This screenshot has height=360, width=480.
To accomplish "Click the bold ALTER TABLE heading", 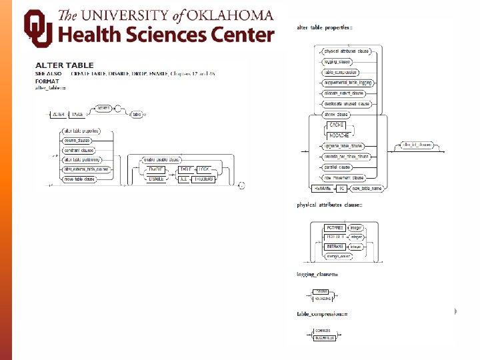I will tap(64, 65).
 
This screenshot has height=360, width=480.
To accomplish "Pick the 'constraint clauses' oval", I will tap(79, 150).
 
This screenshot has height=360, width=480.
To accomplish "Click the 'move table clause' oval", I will tap(79, 179).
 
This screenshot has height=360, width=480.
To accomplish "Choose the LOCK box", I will tap(203, 169).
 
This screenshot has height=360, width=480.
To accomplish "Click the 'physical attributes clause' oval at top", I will tap(346, 51).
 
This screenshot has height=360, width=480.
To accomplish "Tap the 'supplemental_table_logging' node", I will tap(347, 83).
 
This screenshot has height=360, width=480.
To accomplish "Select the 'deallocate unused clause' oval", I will tap(346, 104).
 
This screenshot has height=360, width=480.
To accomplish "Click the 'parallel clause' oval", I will tap(337, 167).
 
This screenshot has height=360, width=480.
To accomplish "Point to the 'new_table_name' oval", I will tap(367, 189).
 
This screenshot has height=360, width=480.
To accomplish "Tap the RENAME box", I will tap(321, 189).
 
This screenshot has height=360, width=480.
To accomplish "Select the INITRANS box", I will tap(334, 245).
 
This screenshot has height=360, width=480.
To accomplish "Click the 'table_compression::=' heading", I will tap(323, 313).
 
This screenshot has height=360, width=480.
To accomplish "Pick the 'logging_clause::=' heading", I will tap(318, 274).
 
